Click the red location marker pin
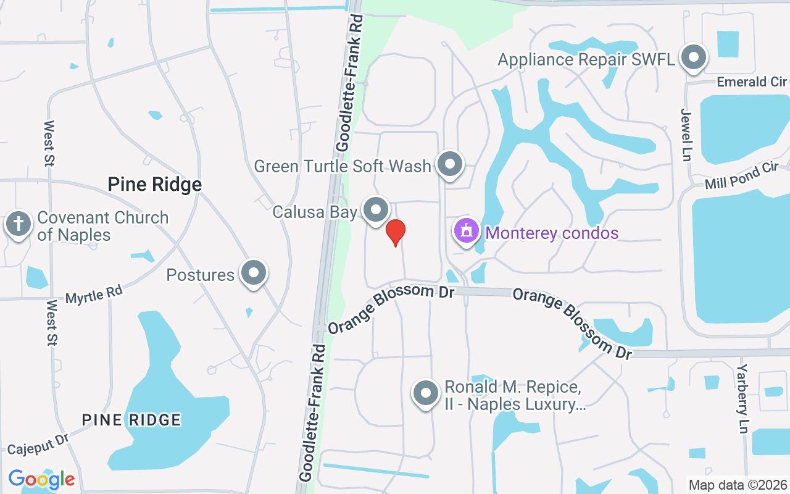[x=395, y=232]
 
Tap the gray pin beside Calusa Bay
[x=375, y=211]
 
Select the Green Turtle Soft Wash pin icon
[x=450, y=165]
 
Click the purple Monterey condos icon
[x=467, y=231]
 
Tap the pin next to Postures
[x=253, y=273]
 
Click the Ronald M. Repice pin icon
[x=425, y=393]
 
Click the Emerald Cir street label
[x=752, y=82]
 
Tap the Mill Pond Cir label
[x=742, y=176]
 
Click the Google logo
[x=41, y=479]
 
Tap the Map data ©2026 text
[x=738, y=485]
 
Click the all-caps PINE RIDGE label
[x=131, y=420]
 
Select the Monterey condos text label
[x=552, y=233]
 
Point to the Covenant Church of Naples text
[x=102, y=226]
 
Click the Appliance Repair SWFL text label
[x=586, y=59]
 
